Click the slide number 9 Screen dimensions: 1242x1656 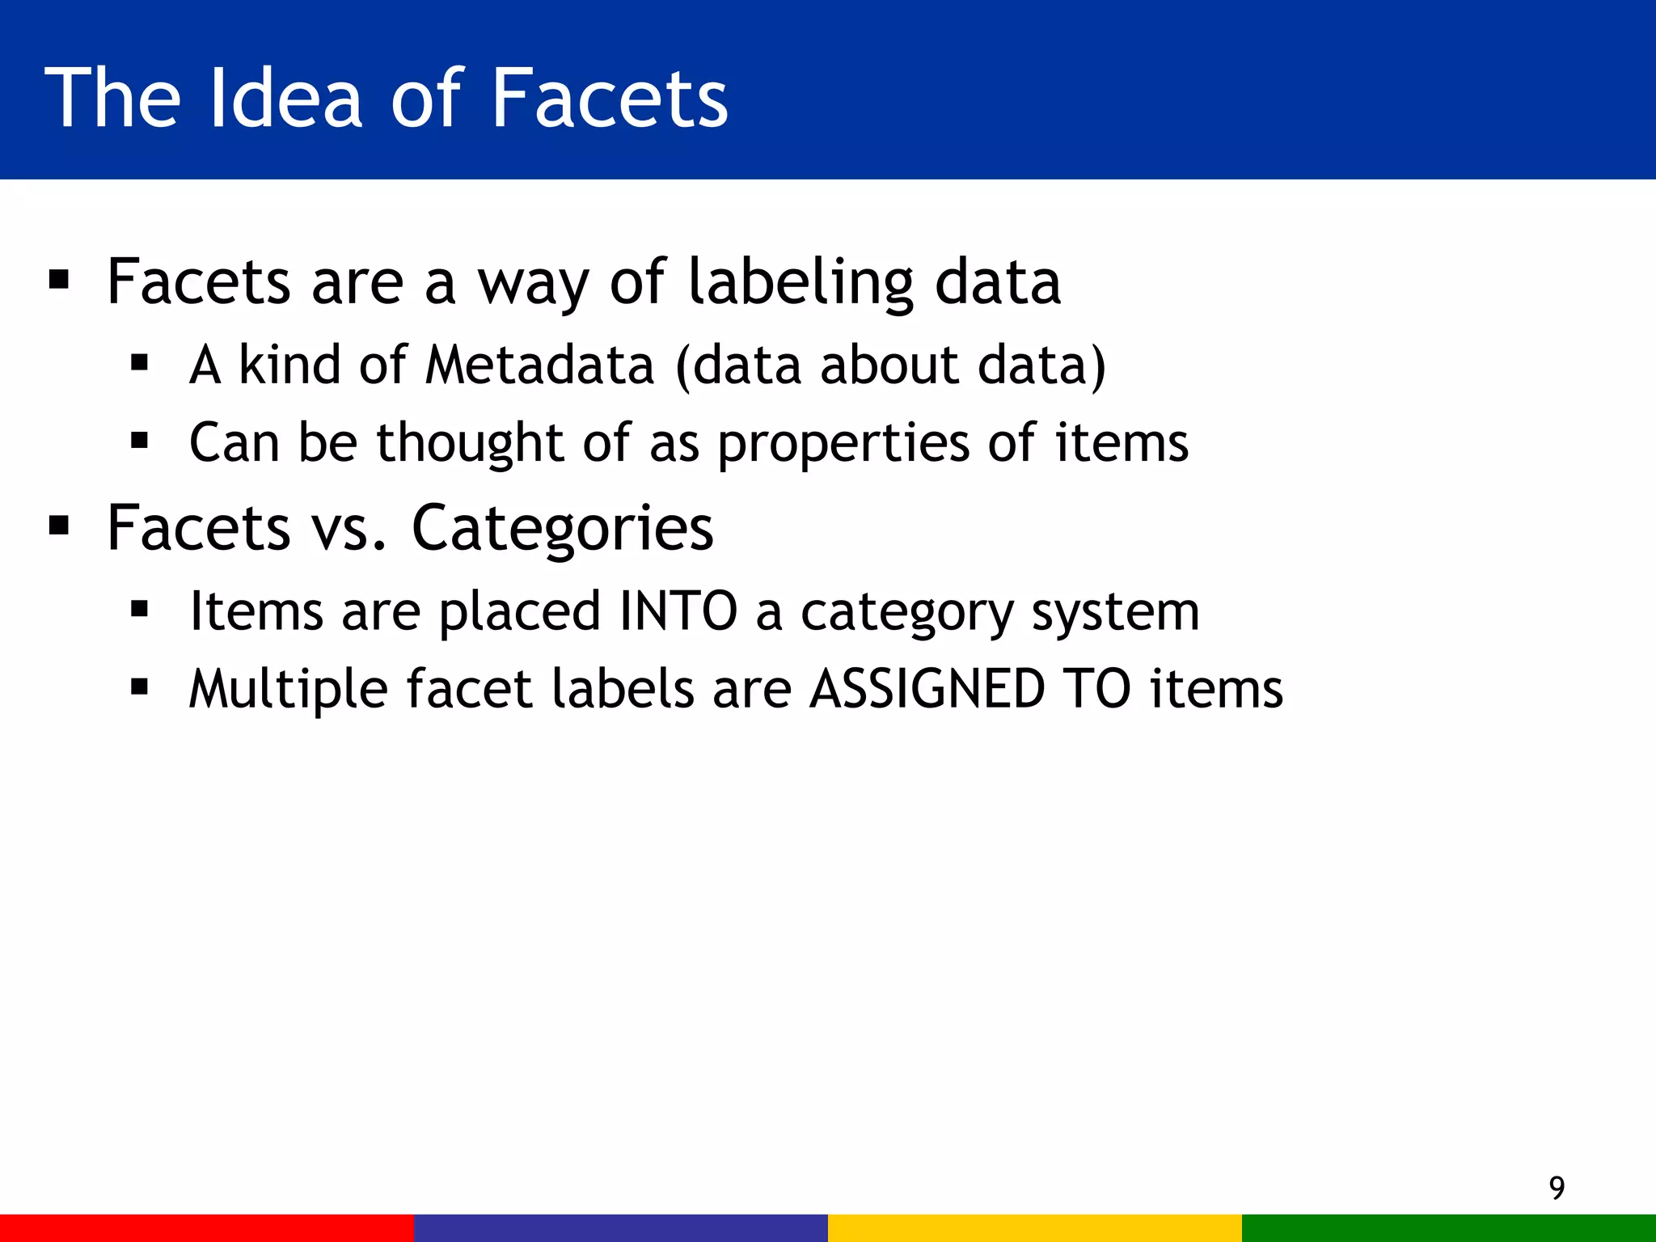[x=1557, y=1188]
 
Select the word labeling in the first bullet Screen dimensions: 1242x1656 [x=801, y=283]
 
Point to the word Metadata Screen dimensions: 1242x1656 [x=539, y=365]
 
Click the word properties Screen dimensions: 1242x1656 [x=844, y=444]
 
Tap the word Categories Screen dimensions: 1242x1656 [x=563, y=528]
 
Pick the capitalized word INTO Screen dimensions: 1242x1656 [x=678, y=610]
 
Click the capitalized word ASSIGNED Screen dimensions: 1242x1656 [x=927, y=689]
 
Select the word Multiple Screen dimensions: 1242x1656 [x=288, y=690]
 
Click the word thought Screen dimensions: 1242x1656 [x=470, y=442]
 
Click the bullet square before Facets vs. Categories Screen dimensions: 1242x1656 [x=59, y=527]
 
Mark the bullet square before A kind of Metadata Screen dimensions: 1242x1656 [x=139, y=364]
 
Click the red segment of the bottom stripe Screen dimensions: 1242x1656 [x=207, y=1227]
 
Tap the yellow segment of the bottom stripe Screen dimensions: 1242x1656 [x=1035, y=1227]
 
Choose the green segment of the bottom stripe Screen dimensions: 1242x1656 [x=1449, y=1227]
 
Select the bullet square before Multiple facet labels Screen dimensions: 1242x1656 [x=139, y=688]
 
